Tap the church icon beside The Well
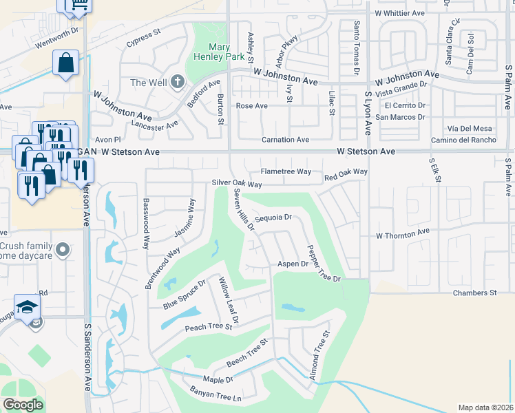tap(178, 83)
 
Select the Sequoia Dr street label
tap(274, 218)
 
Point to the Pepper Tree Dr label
tap(324, 262)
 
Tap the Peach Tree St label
tap(209, 328)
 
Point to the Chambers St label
tap(474, 293)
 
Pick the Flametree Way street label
tap(286, 171)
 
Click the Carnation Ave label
tap(285, 140)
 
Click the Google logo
tap(23, 405)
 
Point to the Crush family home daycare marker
tap(63, 249)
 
